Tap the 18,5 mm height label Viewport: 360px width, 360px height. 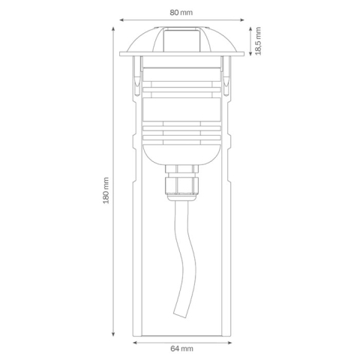[x=258, y=41]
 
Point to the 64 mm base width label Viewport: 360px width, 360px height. [x=181, y=349]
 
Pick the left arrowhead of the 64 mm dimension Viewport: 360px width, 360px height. [x=134, y=340]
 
